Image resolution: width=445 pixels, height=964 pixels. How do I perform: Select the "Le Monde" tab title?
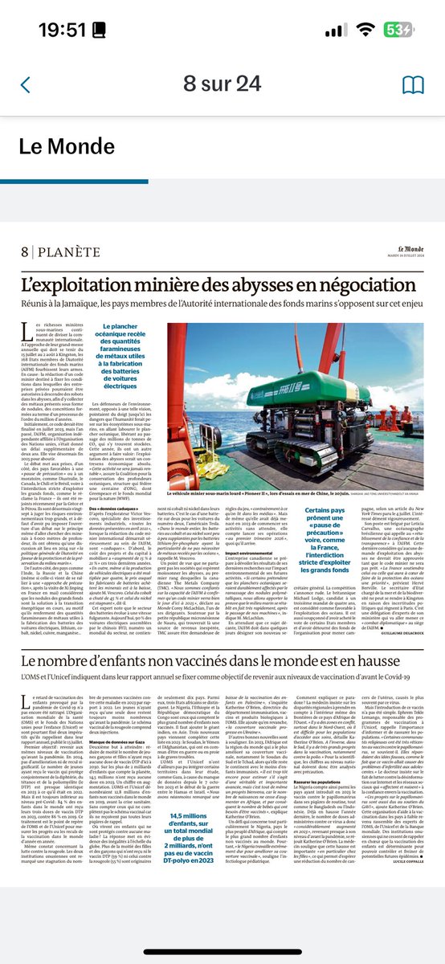pyautogui.click(x=67, y=149)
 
